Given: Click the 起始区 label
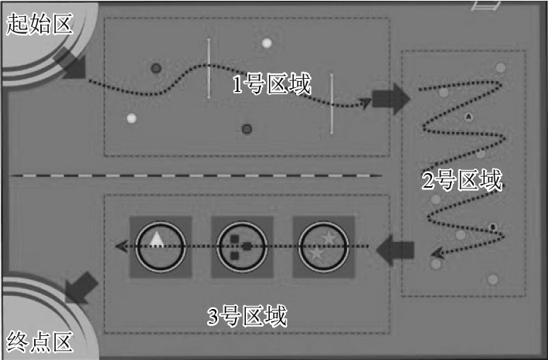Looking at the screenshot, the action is [x=39, y=24].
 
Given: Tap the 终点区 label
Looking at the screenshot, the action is [x=39, y=341].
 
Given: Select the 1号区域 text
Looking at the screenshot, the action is [x=271, y=83].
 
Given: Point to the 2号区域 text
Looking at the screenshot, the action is [x=462, y=180].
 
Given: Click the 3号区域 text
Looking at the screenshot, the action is [x=247, y=316].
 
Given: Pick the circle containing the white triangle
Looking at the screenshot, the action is [x=161, y=246].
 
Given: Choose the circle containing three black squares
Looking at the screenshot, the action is [x=242, y=246].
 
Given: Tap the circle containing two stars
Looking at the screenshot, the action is [x=323, y=246].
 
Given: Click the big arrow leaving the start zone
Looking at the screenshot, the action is [x=70, y=63].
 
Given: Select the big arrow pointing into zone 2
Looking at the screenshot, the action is [x=391, y=99].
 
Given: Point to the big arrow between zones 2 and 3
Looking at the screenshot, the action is [x=395, y=250].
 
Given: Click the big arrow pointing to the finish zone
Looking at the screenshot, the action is [x=81, y=287].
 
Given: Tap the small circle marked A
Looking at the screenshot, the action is [x=468, y=117].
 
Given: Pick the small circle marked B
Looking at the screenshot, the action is [x=493, y=227].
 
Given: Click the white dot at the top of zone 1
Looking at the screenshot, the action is [x=267, y=43].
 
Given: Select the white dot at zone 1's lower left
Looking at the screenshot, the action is [x=131, y=118].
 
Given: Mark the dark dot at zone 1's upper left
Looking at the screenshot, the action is [x=156, y=68].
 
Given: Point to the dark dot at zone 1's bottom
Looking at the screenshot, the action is [x=247, y=129].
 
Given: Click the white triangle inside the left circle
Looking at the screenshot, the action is [x=157, y=239].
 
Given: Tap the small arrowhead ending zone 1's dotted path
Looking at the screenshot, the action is [x=365, y=103].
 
